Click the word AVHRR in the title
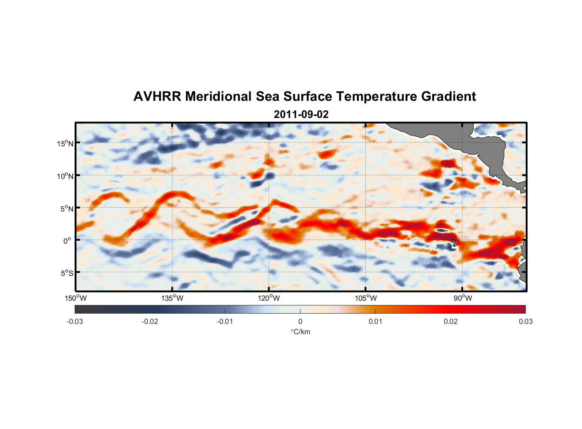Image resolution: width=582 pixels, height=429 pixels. (x=157, y=97)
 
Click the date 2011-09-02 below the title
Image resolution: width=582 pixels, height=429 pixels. (x=301, y=115)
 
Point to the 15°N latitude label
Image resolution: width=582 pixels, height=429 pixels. (x=65, y=143)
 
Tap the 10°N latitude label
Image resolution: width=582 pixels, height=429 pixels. (x=65, y=176)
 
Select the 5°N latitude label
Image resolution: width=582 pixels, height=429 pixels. (x=67, y=208)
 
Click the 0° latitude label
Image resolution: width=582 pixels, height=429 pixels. (x=67, y=241)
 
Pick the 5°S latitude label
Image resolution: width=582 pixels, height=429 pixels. (x=67, y=273)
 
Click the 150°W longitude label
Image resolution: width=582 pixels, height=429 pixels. (x=76, y=298)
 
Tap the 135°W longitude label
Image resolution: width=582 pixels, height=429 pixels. (x=172, y=298)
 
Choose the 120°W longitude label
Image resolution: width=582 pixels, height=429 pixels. (x=269, y=298)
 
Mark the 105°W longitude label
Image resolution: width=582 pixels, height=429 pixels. (x=366, y=298)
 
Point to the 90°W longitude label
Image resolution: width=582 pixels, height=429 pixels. (x=463, y=298)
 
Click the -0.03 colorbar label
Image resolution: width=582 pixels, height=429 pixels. (x=75, y=321)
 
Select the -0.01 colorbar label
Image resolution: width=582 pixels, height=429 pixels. (x=224, y=321)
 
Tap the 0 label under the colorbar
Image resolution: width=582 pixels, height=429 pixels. (x=300, y=321)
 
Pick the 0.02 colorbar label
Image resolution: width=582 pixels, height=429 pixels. (x=451, y=321)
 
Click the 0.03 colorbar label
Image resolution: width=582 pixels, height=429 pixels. (x=525, y=321)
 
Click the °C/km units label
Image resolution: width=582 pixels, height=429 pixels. (x=300, y=332)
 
